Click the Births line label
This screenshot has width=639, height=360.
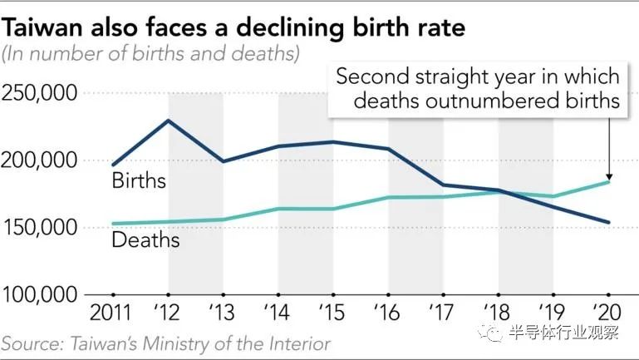(x=139, y=180)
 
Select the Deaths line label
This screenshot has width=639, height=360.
(x=145, y=240)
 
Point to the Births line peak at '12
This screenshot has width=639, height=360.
(x=169, y=121)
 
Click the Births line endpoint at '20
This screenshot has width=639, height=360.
(x=608, y=222)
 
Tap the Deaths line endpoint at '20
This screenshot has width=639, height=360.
(x=608, y=182)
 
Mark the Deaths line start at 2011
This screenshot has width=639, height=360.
(x=114, y=224)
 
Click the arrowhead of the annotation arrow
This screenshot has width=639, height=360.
(x=608, y=175)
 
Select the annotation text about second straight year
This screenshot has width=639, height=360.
(x=477, y=89)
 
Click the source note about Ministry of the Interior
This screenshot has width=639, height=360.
(x=166, y=343)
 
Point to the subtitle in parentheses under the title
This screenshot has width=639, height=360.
(x=150, y=54)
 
